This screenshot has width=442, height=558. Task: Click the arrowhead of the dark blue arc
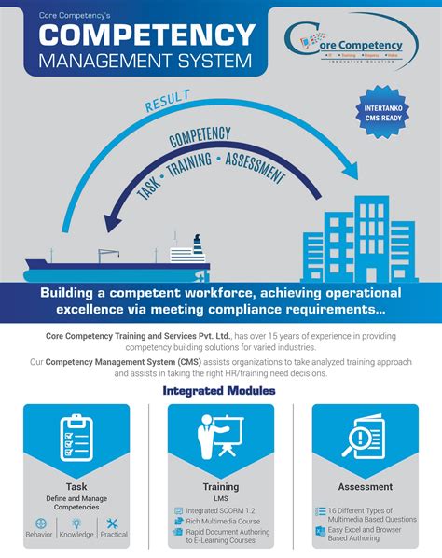[x=115, y=222]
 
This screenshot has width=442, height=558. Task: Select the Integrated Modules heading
[x=219, y=390]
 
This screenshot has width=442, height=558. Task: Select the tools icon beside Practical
[x=113, y=523]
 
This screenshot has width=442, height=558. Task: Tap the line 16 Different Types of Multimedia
[x=370, y=511]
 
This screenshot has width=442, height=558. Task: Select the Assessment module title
[x=365, y=486]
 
